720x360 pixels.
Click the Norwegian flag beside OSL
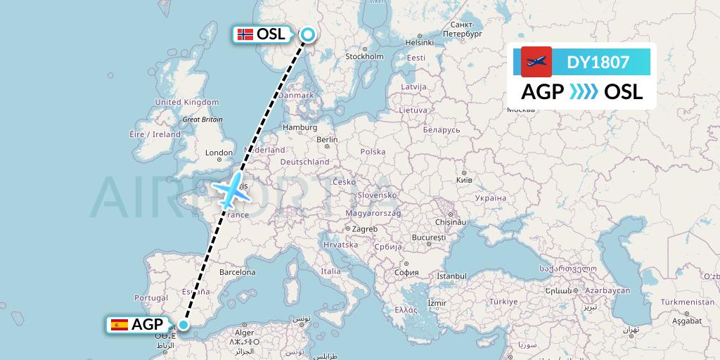point(245,34)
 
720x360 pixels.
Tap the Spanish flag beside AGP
point(120,325)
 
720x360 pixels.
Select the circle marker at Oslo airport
point(308,34)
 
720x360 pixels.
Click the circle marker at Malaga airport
point(183,325)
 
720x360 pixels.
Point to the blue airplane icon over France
point(229,191)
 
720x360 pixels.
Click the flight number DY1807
point(598,63)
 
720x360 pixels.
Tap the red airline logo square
point(536,62)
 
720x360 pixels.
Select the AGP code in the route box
point(542,92)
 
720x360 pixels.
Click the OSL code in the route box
point(623,92)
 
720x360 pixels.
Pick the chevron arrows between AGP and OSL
point(583,92)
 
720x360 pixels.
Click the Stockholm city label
point(364,56)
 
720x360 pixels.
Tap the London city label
point(219,153)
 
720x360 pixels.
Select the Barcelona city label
point(237,271)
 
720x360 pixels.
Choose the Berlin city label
point(327,139)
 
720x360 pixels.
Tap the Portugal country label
point(155,298)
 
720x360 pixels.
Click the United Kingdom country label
point(187,102)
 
